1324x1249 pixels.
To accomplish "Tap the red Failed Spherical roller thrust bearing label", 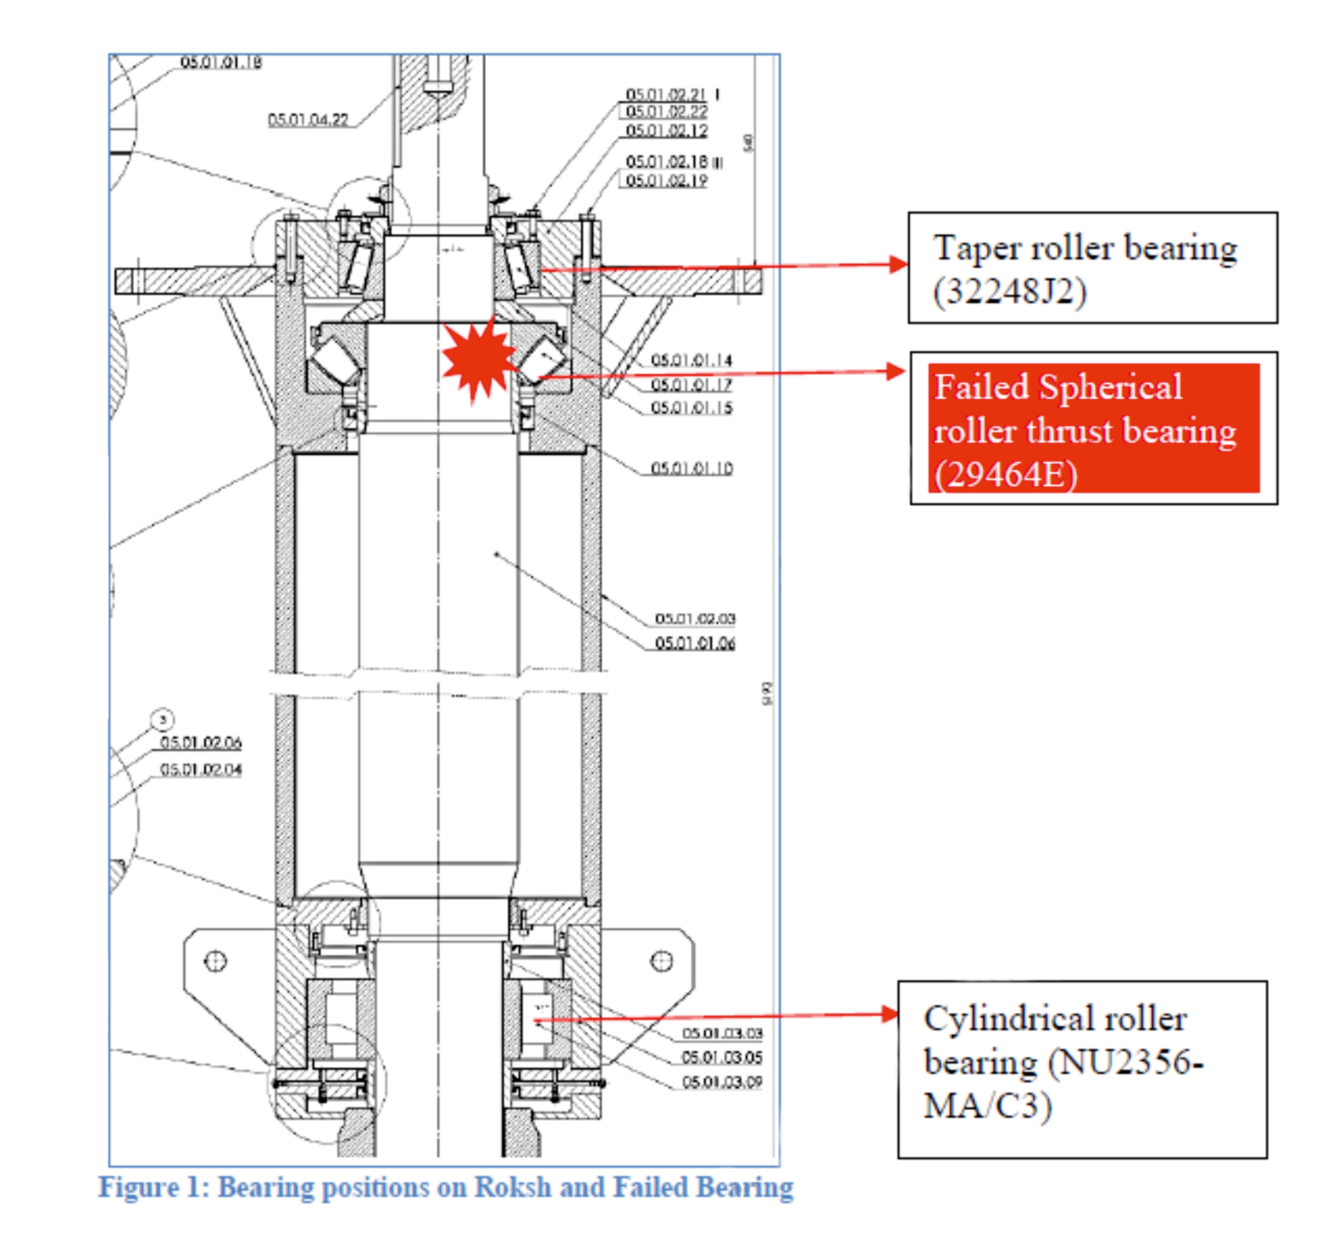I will pos(1093,430).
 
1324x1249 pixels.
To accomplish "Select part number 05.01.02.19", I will pos(666,180).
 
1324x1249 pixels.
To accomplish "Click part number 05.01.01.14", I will pos(691,360).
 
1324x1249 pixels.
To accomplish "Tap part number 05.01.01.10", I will pos(691,468).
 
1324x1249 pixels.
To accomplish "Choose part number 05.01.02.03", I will pos(695,619).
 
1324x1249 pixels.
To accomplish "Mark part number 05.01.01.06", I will pos(695,643).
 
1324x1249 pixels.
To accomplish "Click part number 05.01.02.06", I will pos(200,742).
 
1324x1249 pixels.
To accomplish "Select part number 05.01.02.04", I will pos(200,770).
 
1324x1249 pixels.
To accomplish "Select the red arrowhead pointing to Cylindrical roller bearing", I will pos(890,1014).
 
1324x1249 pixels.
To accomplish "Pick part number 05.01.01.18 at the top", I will pos(220,62).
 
